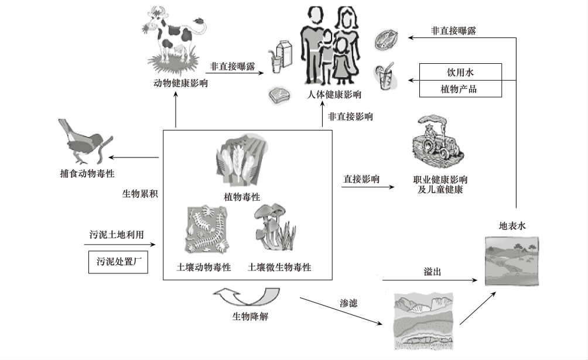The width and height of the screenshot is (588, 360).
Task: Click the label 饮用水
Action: pos(460,71)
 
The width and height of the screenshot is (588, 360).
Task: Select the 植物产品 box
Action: pos(460,89)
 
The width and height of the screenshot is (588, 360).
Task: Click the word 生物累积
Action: pos(139,193)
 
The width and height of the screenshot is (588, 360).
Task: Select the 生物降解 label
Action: pos(251,317)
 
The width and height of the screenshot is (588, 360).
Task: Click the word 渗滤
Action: pos(348,303)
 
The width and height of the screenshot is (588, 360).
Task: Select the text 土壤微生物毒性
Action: pos(279,268)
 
